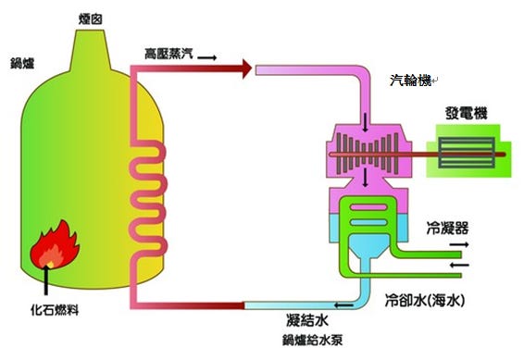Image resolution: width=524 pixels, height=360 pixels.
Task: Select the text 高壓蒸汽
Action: [x=166, y=55]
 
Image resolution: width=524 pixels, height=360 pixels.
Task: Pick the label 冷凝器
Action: [x=445, y=226]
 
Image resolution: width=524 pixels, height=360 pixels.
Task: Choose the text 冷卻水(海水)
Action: [x=423, y=301]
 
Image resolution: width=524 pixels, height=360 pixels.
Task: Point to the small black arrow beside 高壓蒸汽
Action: [x=207, y=57]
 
